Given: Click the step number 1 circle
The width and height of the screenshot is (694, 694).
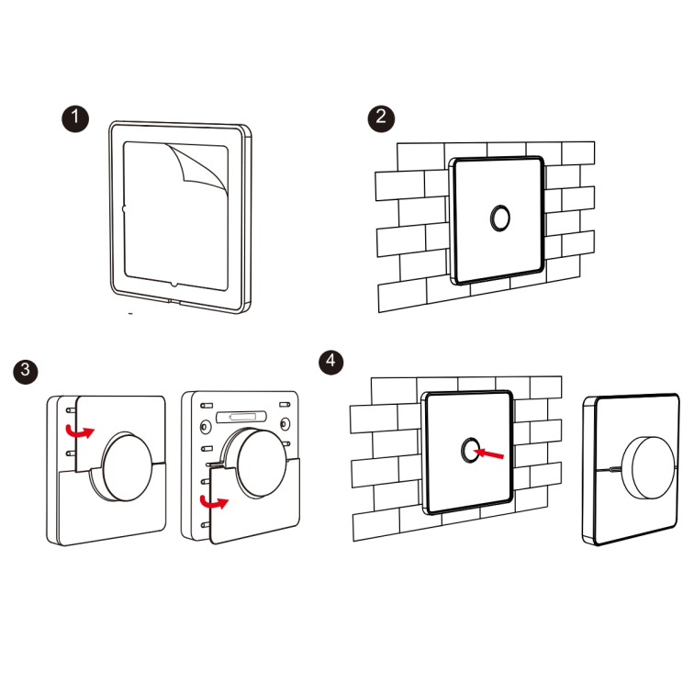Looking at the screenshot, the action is point(75,118).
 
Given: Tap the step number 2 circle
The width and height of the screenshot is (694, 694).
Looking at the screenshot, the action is point(381,118).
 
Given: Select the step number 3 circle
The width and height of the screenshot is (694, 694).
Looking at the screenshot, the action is point(26,371).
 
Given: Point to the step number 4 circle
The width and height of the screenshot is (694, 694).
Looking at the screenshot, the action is point(331,363).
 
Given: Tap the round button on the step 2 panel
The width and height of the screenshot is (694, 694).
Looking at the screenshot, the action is point(500,218).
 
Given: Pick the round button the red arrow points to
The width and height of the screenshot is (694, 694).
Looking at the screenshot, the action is point(470,451).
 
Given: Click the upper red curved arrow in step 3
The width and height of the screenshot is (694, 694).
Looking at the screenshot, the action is point(79,431).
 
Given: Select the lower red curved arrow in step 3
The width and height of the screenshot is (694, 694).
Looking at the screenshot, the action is point(214,502).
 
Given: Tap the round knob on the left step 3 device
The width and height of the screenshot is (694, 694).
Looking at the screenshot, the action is point(127,467).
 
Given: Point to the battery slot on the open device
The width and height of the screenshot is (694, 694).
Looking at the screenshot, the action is point(241,417).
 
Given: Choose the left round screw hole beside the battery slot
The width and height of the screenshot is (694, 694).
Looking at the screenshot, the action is point(206,427).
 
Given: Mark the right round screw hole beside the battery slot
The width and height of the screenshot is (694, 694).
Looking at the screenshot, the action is point(285,424).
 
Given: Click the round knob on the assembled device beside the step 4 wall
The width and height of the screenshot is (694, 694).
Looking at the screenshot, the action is point(649,469).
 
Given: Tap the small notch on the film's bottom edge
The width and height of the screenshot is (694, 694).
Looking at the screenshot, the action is point(173,285).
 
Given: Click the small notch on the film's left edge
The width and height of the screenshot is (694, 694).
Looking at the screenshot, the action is point(124,208).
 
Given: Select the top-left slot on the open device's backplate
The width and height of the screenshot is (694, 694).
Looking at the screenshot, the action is point(207,406).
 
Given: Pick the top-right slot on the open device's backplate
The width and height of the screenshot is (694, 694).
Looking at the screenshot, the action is point(285,404).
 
